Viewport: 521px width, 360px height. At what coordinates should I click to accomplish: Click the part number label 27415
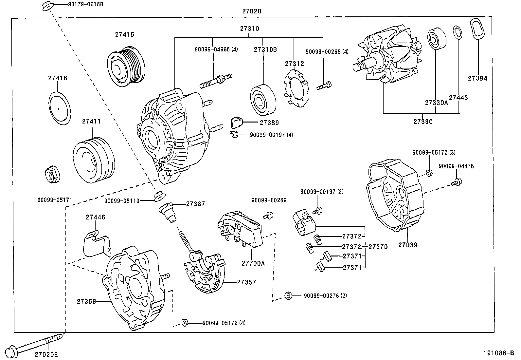coord(124,34)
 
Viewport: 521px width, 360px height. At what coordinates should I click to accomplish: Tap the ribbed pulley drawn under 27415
coord(126,66)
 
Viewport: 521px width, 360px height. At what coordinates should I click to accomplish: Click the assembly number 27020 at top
coord(252,11)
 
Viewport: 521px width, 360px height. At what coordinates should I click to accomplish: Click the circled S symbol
coord(288,296)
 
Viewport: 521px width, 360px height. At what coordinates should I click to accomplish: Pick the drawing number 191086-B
coord(499,353)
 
